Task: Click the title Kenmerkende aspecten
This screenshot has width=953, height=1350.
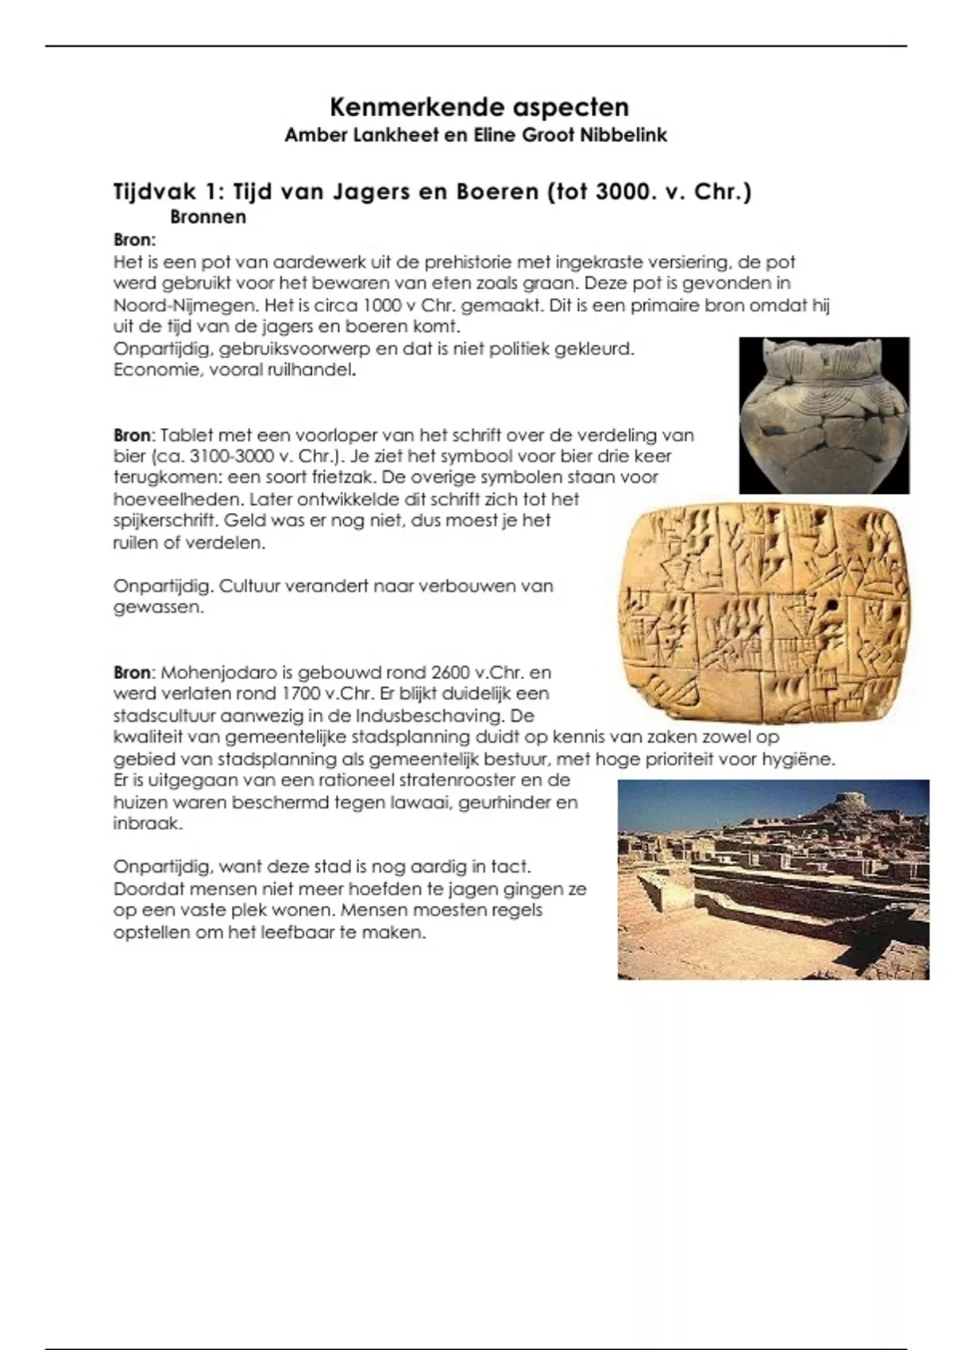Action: click(x=479, y=107)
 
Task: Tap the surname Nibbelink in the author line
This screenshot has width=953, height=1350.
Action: click(x=623, y=135)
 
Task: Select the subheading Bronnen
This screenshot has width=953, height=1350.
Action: click(x=208, y=217)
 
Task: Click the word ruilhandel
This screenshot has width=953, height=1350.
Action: click(x=314, y=370)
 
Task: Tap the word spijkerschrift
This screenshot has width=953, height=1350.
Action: click(x=164, y=521)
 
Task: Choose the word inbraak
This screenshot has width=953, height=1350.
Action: click(x=148, y=823)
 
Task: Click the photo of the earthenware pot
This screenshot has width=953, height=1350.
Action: click(x=824, y=415)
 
